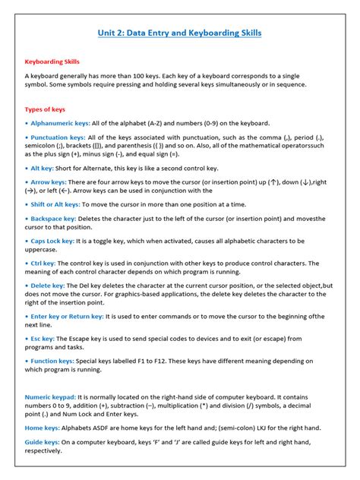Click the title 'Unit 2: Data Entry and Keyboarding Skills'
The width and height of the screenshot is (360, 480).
click(180, 33)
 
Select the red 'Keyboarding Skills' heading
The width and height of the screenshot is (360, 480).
click(52, 62)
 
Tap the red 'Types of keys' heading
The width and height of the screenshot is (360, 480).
click(46, 109)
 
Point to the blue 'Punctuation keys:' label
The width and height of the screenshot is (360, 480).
click(56, 137)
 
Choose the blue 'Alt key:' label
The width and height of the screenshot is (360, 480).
click(42, 168)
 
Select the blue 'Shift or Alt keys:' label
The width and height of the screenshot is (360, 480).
click(53, 204)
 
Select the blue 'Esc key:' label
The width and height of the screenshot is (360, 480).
click(43, 338)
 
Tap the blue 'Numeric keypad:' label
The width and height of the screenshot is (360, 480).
click(50, 397)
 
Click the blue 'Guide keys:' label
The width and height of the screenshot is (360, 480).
click(43, 443)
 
